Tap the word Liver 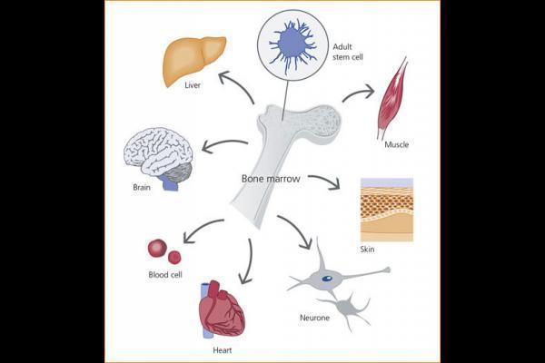pos(193,86)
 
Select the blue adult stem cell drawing pos(293,41)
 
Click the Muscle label pos(397,144)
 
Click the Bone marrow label pos(270,178)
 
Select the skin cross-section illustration pos(386,209)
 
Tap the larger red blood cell pos(157,248)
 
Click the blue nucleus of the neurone pos(326,279)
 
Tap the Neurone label pos(314,319)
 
